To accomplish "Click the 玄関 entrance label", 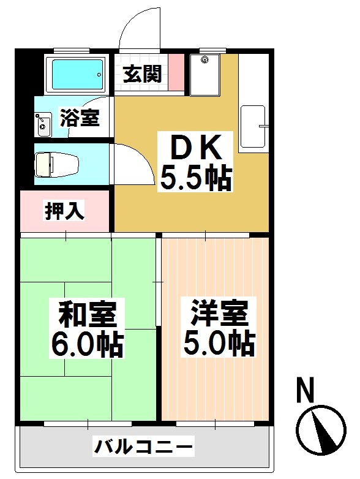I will pyautogui.click(x=143, y=75).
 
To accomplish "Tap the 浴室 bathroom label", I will pyautogui.click(x=80, y=118).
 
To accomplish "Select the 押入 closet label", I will pyautogui.click(x=64, y=211).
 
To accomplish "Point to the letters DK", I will pyautogui.click(x=195, y=148).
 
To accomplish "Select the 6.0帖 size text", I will pyautogui.click(x=88, y=345).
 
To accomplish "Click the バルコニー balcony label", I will pyautogui.click(x=143, y=446).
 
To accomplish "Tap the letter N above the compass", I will pyautogui.click(x=307, y=390).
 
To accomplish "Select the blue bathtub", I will pyautogui.click(x=77, y=74).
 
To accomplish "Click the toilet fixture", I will pyautogui.click(x=52, y=164).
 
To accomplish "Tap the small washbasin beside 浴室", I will pyautogui.click(x=43, y=124).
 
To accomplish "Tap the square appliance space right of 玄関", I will pyautogui.click(x=204, y=75).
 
